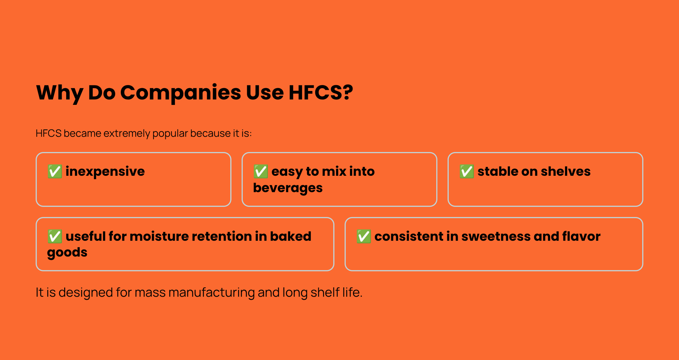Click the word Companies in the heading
pos(180,92)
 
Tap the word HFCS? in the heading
pos(320,92)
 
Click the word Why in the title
pos(59,92)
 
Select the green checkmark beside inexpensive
pos(55,171)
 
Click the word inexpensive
pos(105,171)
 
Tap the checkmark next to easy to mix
pos(261,171)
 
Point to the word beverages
pos(288,188)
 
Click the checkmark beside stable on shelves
pos(466,171)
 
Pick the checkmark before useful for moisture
pos(55,236)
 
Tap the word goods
pos(67,252)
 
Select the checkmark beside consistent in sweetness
pos(364,236)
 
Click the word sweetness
pos(495,236)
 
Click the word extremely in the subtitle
pos(126,133)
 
